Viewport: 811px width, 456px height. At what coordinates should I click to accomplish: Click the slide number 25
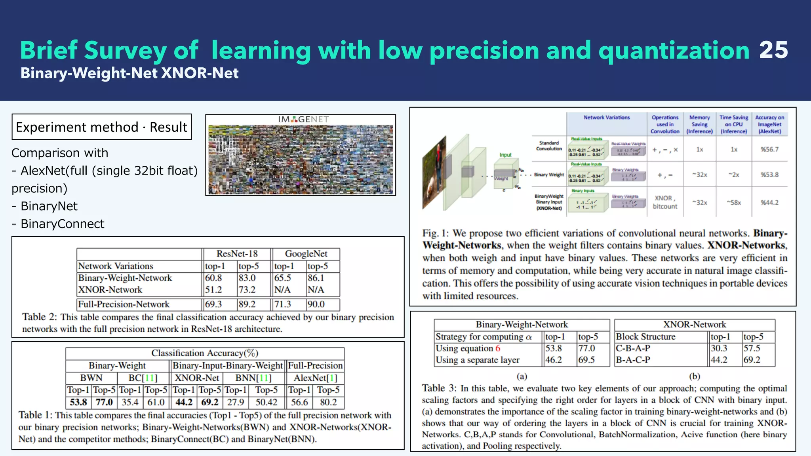coord(773,50)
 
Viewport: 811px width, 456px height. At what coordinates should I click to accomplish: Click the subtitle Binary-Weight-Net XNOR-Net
coord(129,73)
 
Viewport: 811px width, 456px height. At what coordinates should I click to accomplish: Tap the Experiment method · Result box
coord(102,127)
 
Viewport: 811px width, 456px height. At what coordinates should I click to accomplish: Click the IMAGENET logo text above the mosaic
coord(303,119)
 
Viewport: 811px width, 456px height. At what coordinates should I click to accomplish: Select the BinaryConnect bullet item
coord(62,224)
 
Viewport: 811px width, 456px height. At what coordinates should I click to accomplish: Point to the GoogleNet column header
coord(306,254)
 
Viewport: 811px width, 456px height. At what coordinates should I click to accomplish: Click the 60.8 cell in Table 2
coord(213,278)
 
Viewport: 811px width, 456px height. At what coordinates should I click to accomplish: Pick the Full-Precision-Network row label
coord(124,304)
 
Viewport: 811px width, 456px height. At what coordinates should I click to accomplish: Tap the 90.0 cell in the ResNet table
coord(316,304)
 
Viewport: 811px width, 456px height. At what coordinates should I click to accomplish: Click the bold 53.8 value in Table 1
coord(78,402)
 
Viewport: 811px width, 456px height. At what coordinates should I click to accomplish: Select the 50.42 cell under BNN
coord(266,402)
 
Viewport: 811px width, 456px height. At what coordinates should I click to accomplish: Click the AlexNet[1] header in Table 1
coord(315,378)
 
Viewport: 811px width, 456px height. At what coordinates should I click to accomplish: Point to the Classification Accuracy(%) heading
coord(205,353)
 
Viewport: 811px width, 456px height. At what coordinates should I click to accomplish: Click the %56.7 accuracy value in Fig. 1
coord(769,150)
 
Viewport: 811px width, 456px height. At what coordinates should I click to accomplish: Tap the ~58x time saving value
coord(734,202)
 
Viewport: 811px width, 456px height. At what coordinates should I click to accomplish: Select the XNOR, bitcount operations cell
coord(665,202)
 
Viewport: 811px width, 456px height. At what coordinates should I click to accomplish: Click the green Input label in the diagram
coord(505,155)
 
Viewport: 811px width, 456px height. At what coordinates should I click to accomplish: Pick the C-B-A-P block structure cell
coord(633,348)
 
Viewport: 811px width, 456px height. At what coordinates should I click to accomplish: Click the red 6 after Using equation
coord(498,348)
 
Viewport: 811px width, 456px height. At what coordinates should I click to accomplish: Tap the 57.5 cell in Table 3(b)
coord(752,348)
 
